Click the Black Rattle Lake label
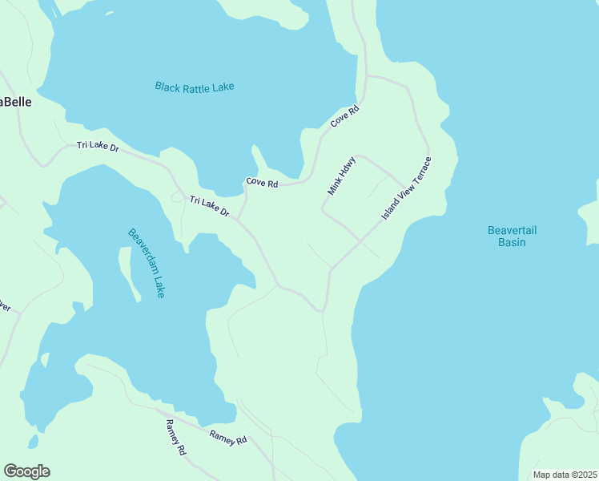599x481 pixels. tap(195, 87)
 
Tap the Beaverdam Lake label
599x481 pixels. tap(146, 263)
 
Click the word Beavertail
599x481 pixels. tap(512, 231)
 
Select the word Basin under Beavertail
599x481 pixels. tap(512, 242)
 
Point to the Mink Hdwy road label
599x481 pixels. tap(341, 176)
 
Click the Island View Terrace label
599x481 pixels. tap(406, 190)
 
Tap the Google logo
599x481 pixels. tap(26, 471)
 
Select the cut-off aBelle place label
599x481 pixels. tap(15, 102)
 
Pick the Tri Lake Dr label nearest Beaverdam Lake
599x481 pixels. tap(209, 207)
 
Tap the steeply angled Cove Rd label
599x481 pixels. tap(344, 117)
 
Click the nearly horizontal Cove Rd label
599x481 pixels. tap(262, 183)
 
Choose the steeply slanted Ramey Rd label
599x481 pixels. tap(175, 438)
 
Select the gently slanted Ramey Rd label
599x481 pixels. tap(228, 438)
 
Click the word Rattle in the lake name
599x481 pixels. tap(194, 87)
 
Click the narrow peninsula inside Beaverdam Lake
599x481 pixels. tap(133, 273)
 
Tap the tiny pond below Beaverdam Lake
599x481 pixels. tap(32, 441)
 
